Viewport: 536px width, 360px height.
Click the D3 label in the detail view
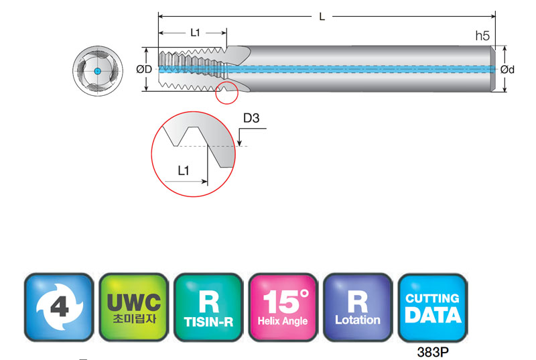251,119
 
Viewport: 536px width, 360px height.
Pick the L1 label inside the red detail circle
184,171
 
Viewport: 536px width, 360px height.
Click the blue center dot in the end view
96,70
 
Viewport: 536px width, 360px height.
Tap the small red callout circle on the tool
227,93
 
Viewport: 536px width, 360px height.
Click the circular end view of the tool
96,70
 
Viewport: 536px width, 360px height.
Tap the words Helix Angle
283,321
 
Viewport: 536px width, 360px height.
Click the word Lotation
357,320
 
